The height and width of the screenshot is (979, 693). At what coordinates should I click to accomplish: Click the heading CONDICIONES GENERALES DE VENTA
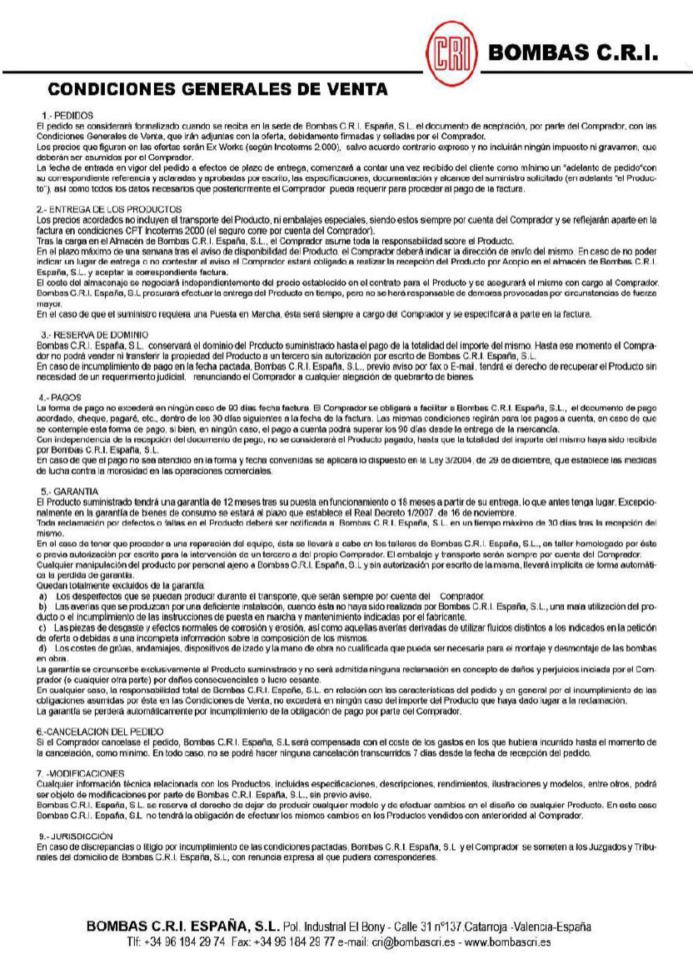point(218,88)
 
